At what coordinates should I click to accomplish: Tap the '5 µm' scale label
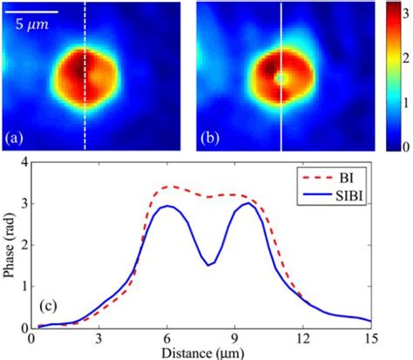[x=30, y=25]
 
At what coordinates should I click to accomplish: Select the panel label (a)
[x=17, y=139]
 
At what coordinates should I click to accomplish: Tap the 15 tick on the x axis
[x=371, y=339]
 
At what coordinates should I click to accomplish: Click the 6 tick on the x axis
[x=167, y=339]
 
